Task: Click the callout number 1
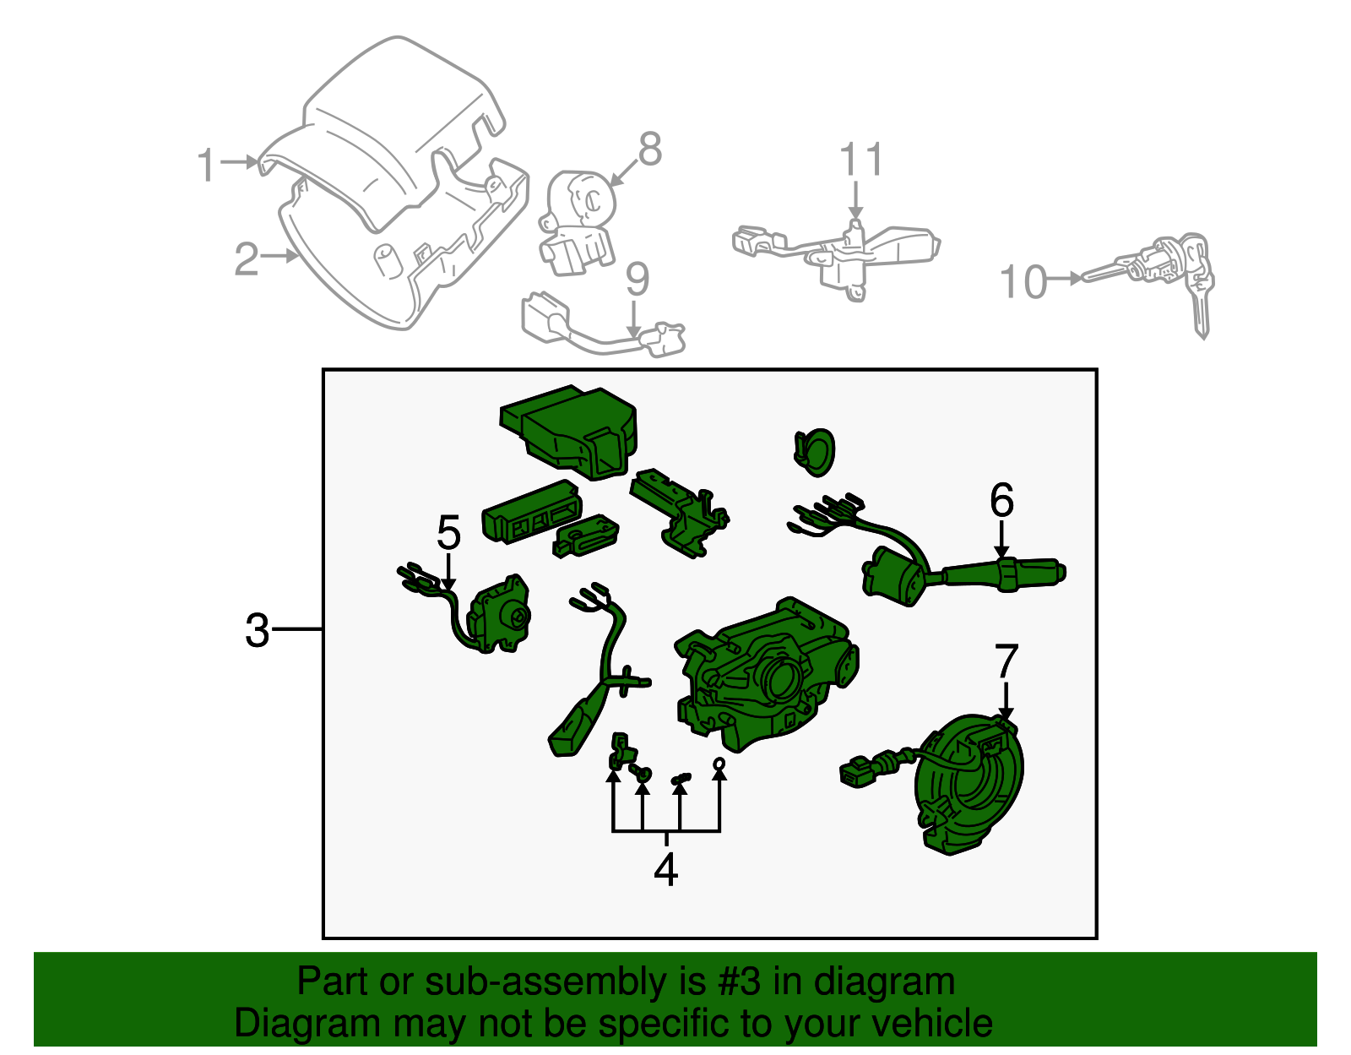pos(207,165)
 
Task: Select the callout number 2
pos(246,258)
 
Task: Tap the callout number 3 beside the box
pos(257,631)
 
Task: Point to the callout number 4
pos(665,869)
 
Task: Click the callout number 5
pos(448,533)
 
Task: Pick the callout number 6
pos(1001,501)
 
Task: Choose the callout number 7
pos(1006,661)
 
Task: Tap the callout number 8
pos(649,150)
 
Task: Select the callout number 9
pos(638,280)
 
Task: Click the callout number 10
pos(1023,282)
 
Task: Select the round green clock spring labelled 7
pos(971,786)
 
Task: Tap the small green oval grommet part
pos(815,450)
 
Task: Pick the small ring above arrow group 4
pos(719,764)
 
